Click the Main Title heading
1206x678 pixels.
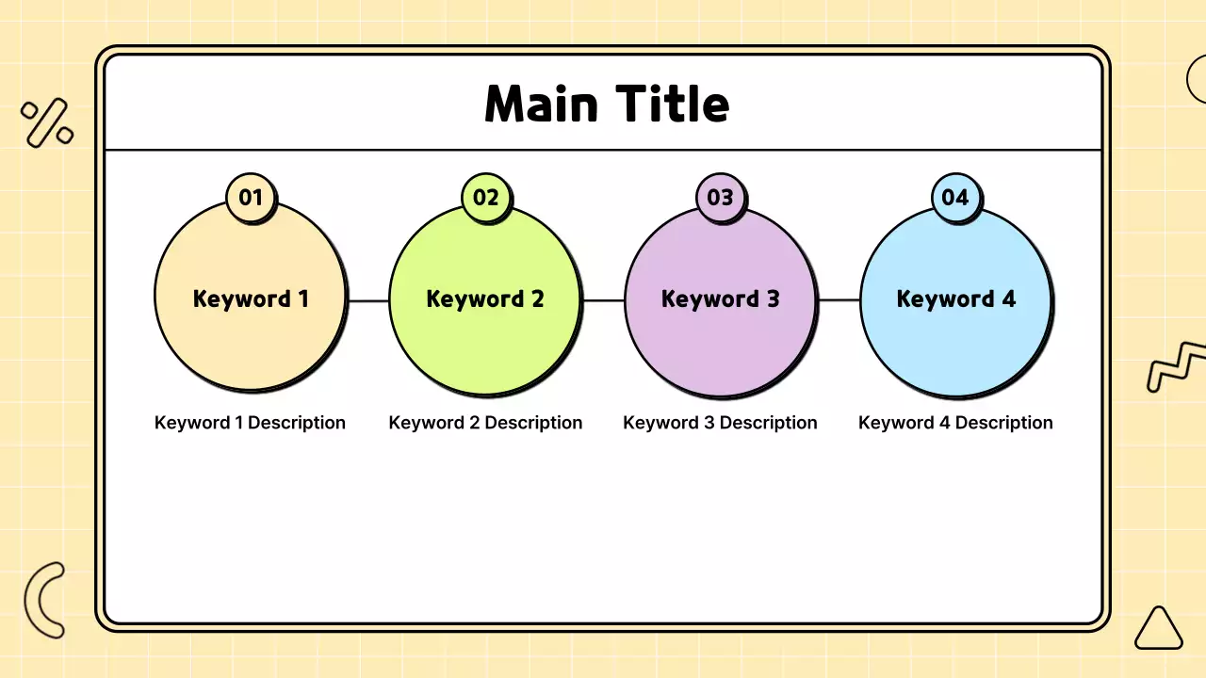(607, 104)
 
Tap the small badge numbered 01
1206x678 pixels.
(250, 197)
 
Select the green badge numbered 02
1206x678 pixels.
(485, 197)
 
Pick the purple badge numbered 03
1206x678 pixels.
(720, 197)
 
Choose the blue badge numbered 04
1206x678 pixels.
(954, 197)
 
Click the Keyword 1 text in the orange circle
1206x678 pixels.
(251, 299)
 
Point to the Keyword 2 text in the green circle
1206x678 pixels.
(485, 299)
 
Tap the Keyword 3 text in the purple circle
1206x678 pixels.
(720, 299)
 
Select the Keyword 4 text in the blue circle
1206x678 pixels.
(955, 299)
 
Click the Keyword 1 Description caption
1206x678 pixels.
(250, 423)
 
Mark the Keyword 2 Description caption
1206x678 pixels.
(485, 423)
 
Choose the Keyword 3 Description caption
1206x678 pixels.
(720, 423)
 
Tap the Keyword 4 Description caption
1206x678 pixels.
(955, 423)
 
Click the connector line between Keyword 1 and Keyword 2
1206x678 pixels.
(368, 300)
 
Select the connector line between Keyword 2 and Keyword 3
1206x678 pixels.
(603, 300)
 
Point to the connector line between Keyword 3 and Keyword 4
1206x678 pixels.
(839, 300)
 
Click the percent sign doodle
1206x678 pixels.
(47, 123)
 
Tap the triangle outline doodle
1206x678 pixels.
(1158, 630)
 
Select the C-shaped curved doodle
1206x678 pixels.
(41, 600)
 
